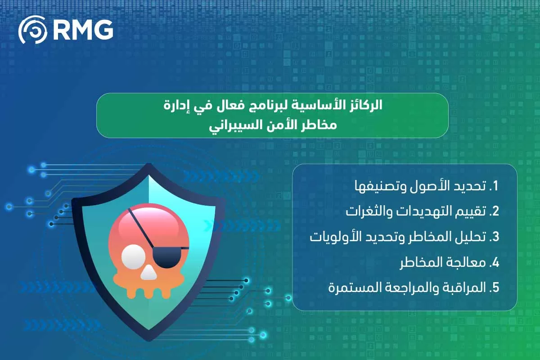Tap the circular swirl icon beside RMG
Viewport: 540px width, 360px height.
[33, 30]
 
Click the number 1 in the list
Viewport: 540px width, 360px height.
[496, 186]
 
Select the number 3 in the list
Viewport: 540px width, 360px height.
[496, 237]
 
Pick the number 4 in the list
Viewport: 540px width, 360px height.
[496, 262]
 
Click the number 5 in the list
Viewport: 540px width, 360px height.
[496, 288]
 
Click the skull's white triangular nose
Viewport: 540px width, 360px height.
[148, 272]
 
